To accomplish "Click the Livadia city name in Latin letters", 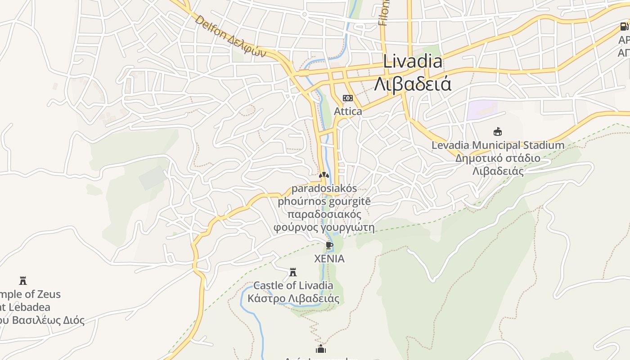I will [x=413, y=62].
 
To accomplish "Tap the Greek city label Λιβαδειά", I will [x=413, y=84].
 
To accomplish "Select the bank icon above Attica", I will [x=347, y=98].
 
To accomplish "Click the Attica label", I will [x=348, y=111].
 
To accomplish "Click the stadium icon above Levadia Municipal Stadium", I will [x=497, y=132].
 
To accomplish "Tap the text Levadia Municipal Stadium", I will [x=498, y=145].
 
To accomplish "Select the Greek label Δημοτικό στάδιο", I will [x=498, y=158].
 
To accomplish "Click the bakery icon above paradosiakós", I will [x=324, y=175].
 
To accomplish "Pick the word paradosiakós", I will [x=324, y=188].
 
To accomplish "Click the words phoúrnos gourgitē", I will [x=324, y=201].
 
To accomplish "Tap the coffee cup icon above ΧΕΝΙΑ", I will [x=329, y=245].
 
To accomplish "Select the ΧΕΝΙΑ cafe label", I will [x=329, y=259].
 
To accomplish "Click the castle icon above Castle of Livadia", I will [x=293, y=272].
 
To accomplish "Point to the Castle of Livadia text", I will [x=293, y=285].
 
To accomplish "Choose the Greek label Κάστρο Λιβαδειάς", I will [x=293, y=298].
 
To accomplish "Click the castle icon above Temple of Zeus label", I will [x=23, y=281].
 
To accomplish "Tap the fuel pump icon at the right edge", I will [x=624, y=27].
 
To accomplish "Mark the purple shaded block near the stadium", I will [x=481, y=110].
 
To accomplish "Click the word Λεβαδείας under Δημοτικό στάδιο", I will [x=498, y=171].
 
